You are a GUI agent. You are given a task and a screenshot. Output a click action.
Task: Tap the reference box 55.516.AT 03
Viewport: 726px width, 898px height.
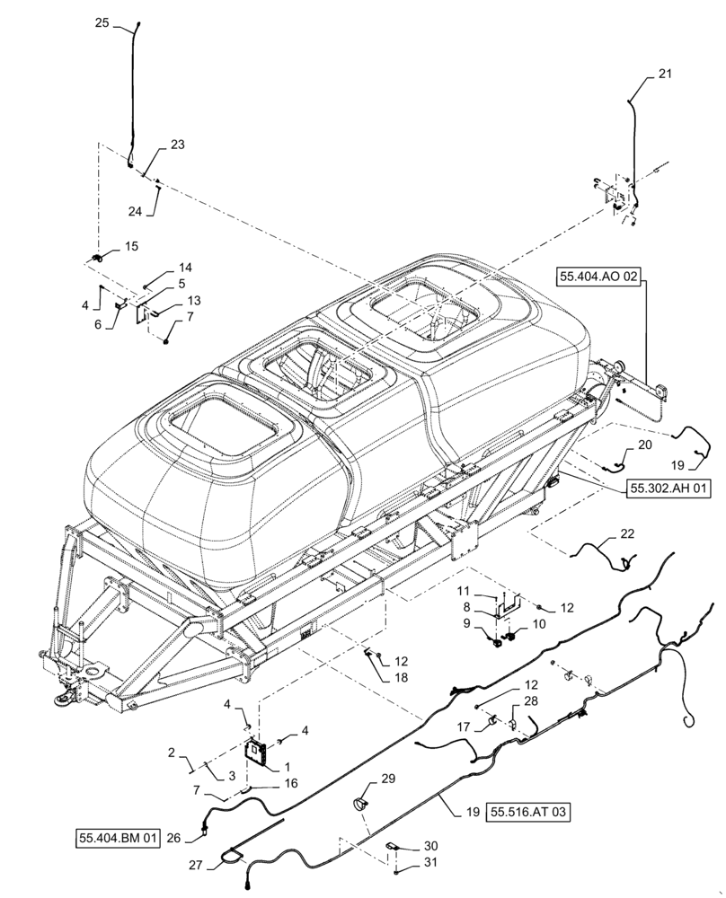pyautogui.click(x=529, y=812)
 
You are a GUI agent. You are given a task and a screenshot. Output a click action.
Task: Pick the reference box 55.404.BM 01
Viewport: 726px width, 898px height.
pyautogui.click(x=117, y=839)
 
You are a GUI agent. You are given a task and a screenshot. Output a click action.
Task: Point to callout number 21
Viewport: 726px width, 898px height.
pyautogui.click(x=664, y=75)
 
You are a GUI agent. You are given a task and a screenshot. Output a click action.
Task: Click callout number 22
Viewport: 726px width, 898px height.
pyautogui.click(x=626, y=535)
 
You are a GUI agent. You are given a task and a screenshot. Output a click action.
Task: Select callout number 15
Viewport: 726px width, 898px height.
pyautogui.click(x=131, y=245)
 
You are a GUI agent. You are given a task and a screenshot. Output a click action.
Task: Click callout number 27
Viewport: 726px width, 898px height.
pyautogui.click(x=196, y=867)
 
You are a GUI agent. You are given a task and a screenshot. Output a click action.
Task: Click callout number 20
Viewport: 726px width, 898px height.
pyautogui.click(x=645, y=445)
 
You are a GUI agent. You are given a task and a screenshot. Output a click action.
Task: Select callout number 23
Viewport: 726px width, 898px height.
pyautogui.click(x=177, y=145)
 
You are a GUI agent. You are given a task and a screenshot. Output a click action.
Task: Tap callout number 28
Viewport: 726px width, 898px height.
pyautogui.click(x=531, y=700)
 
